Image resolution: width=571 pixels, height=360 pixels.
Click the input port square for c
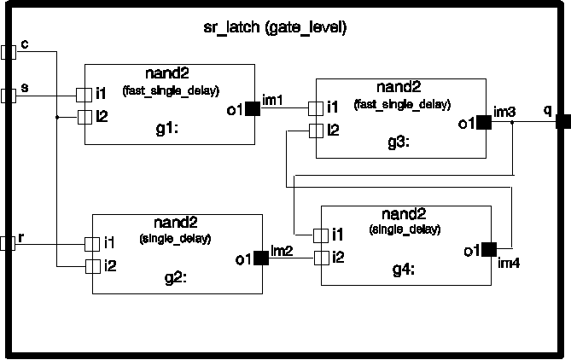click(x=9, y=52)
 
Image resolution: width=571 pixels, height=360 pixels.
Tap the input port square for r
click(x=8, y=242)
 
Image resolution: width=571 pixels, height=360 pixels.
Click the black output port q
click(x=562, y=122)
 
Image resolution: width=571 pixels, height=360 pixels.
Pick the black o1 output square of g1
click(x=253, y=108)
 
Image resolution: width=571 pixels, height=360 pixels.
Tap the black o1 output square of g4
click(x=488, y=250)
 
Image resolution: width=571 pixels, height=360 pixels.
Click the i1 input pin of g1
click(x=84, y=94)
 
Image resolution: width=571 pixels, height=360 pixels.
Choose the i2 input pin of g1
click(x=84, y=117)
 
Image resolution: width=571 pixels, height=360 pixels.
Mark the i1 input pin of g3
click(x=315, y=107)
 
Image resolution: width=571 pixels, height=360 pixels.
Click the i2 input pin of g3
click(x=315, y=131)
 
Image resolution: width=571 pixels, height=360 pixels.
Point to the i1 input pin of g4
click(x=320, y=235)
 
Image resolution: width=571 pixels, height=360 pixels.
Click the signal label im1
click(x=272, y=101)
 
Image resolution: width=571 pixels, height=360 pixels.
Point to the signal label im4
click(x=509, y=261)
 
